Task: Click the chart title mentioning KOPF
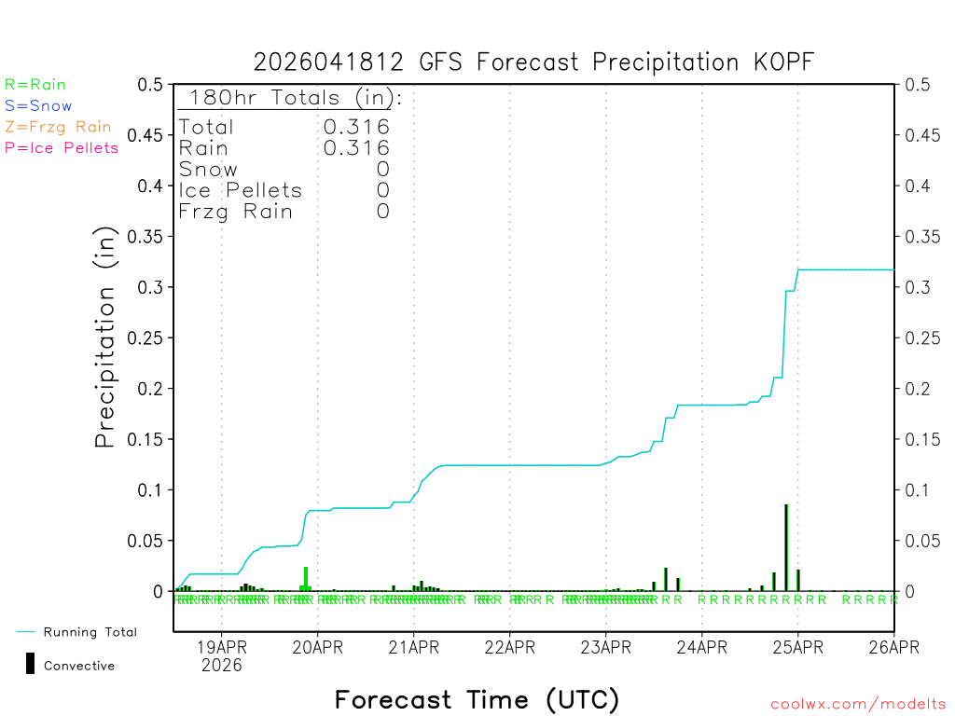[x=533, y=62]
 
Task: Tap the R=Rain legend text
[x=35, y=85]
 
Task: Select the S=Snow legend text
[x=38, y=106]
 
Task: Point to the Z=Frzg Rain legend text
[x=58, y=127]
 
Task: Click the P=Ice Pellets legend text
[x=62, y=147]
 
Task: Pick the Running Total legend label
[x=90, y=632]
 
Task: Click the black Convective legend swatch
[x=31, y=664]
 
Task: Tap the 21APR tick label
[x=413, y=646]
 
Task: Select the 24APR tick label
[x=701, y=646]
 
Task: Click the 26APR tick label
[x=893, y=646]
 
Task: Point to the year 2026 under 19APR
[x=221, y=665]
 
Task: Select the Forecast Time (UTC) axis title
[x=477, y=699]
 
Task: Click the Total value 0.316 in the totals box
[x=356, y=127]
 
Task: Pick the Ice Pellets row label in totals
[x=241, y=190]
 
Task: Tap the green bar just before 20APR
[x=305, y=579]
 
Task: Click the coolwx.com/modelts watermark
[x=858, y=705]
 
